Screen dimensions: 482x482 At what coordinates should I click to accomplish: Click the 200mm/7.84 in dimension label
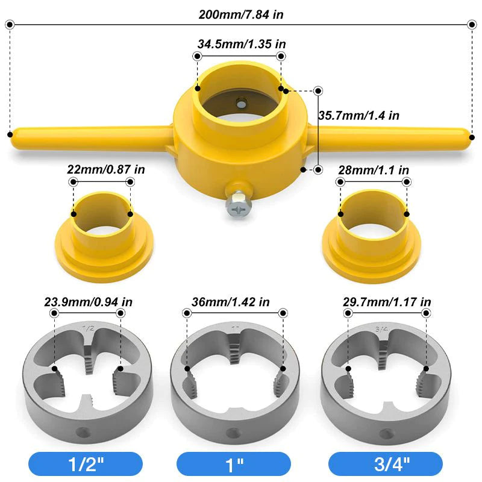pyautogui.click(x=241, y=13)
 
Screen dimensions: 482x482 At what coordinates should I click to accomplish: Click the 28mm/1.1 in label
pyautogui.click(x=374, y=170)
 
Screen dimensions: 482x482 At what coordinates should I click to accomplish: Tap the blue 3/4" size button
pyautogui.click(x=385, y=464)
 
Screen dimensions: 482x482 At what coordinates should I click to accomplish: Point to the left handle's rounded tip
pyautogui.click(x=14, y=134)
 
